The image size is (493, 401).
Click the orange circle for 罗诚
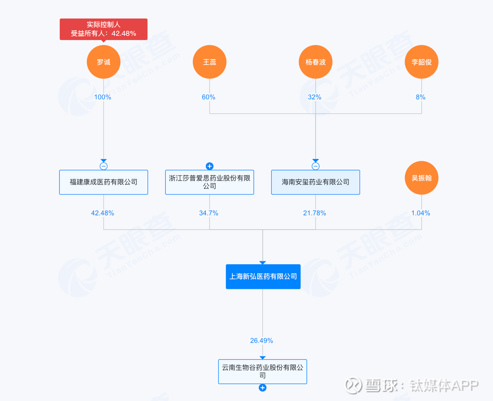coord(103,62)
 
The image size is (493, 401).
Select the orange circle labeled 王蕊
coord(210,62)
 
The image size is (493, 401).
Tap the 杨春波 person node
coord(316,62)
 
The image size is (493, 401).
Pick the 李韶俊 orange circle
coord(422,62)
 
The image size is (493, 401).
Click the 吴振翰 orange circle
coord(422,178)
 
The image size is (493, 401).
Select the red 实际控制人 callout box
coord(103,29)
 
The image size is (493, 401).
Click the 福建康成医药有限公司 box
coord(103,182)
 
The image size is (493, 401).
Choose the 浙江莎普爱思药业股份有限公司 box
coord(210,182)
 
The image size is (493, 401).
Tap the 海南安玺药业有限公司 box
coord(316,182)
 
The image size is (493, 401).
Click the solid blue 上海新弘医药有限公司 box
coord(263,276)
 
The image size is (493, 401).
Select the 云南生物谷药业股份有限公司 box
coord(262,372)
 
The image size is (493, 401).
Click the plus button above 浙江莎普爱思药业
coord(210,166)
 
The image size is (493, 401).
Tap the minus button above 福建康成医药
coord(103,166)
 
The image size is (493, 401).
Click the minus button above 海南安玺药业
coord(316,166)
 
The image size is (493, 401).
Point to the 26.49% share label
coord(262,341)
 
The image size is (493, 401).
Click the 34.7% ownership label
coord(208,213)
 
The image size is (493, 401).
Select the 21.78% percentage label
coord(314,213)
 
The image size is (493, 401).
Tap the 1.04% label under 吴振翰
coord(421,213)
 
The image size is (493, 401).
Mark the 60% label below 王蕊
coord(208,97)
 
